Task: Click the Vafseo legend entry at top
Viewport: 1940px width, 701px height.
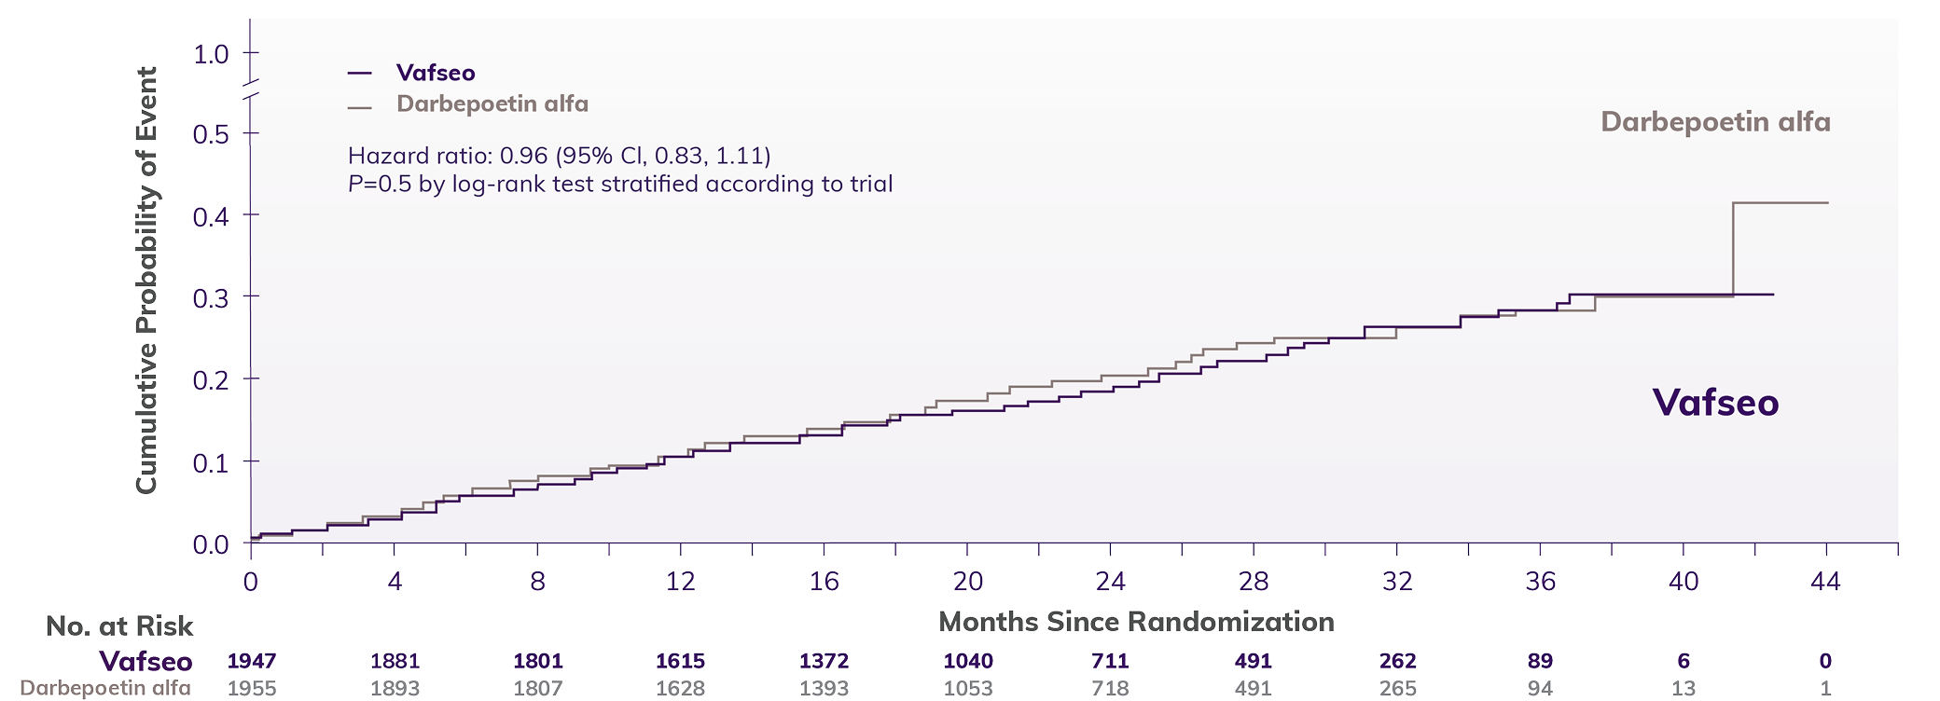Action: pyautogui.click(x=435, y=73)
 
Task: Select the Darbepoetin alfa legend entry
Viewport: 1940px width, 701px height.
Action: pyautogui.click(x=492, y=103)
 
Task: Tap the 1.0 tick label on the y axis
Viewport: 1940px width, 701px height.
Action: pyautogui.click(x=212, y=54)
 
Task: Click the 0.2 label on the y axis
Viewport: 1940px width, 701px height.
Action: pyautogui.click(x=212, y=379)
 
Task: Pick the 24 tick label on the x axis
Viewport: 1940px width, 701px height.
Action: pyautogui.click(x=1110, y=582)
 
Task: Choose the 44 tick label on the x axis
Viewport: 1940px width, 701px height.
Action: pyautogui.click(x=1825, y=582)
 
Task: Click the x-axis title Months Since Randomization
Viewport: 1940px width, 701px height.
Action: pyautogui.click(x=1136, y=622)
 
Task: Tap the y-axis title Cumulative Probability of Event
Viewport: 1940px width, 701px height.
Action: pyautogui.click(x=147, y=280)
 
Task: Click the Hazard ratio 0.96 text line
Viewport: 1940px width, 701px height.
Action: pyautogui.click(x=560, y=155)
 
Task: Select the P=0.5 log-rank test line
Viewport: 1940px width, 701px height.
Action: pyautogui.click(x=620, y=184)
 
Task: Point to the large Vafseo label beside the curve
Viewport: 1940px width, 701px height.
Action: pyautogui.click(x=1715, y=403)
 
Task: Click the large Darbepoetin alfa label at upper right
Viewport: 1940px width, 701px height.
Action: pyautogui.click(x=1715, y=122)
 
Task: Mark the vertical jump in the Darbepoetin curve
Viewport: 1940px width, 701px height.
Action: pyautogui.click(x=1733, y=249)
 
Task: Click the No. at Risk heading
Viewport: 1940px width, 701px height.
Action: pyautogui.click(x=119, y=626)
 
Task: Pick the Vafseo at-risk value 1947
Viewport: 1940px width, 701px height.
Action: pyautogui.click(x=252, y=661)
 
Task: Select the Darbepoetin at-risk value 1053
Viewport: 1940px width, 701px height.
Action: pyautogui.click(x=967, y=689)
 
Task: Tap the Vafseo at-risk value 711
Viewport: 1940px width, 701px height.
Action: pyautogui.click(x=1110, y=661)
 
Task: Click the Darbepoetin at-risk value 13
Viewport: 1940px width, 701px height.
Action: pyautogui.click(x=1684, y=689)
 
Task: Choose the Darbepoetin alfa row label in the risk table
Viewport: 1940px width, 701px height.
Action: pyautogui.click(x=105, y=688)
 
